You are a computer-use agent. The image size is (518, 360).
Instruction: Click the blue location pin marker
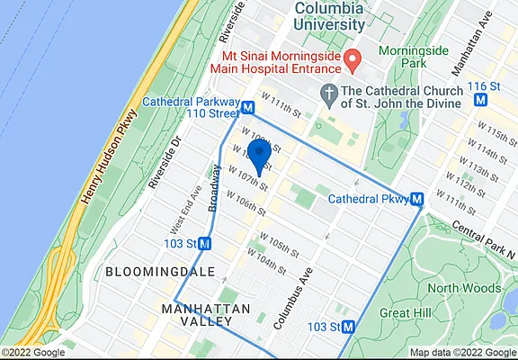click(x=259, y=156)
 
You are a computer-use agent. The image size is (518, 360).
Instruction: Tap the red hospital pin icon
click(x=353, y=61)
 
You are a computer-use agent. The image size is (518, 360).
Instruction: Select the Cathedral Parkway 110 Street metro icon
click(x=247, y=105)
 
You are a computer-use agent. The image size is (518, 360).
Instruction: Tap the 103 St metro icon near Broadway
click(x=205, y=243)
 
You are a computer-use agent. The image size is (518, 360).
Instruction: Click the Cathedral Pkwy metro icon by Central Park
click(x=417, y=199)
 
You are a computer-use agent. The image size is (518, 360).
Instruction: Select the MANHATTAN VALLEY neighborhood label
click(x=206, y=316)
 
